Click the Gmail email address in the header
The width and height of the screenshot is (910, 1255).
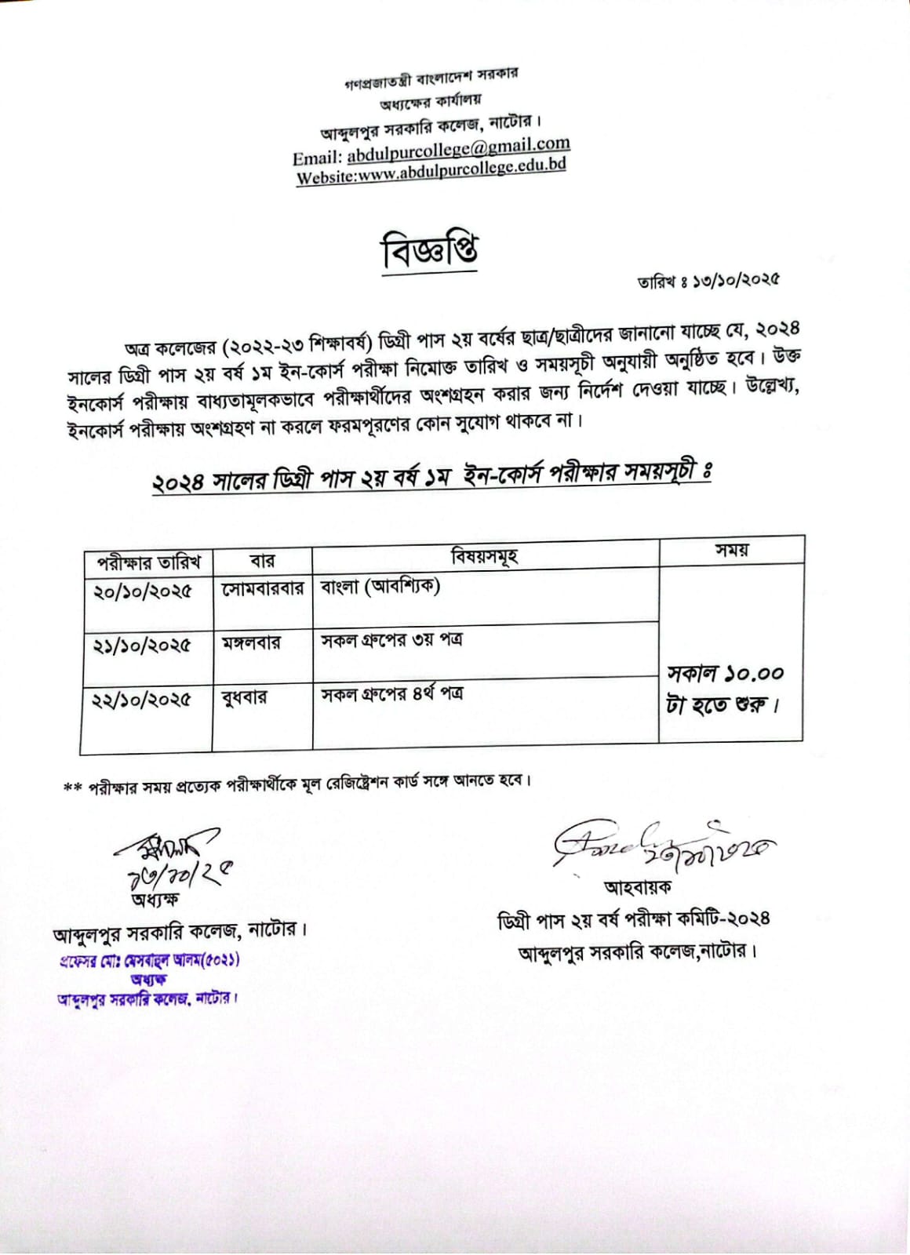(458, 147)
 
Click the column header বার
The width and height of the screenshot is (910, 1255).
(262, 562)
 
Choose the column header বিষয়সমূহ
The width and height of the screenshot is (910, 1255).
(484, 558)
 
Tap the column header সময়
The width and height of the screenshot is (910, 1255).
(730, 551)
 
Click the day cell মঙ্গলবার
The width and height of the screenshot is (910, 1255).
(251, 644)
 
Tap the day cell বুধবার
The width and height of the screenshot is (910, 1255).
(245, 697)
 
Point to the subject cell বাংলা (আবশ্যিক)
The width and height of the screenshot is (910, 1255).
(380, 587)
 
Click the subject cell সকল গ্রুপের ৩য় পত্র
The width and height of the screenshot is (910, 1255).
(391, 640)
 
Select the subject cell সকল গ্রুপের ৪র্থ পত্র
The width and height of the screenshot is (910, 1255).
(391, 694)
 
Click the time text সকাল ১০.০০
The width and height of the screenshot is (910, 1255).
(725, 674)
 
